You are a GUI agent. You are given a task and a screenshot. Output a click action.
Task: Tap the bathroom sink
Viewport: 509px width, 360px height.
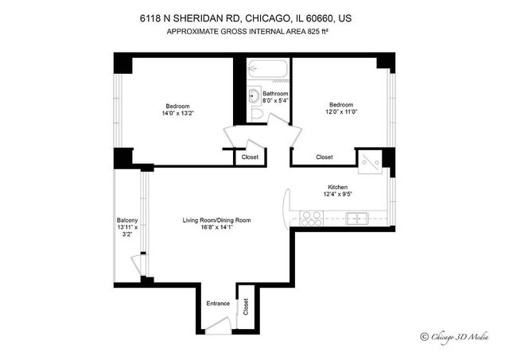pos(254,97)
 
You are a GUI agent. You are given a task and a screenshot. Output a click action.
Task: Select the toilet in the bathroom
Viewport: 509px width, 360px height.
pos(256,114)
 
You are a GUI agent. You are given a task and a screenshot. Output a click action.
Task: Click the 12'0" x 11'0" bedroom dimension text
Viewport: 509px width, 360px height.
pos(342,112)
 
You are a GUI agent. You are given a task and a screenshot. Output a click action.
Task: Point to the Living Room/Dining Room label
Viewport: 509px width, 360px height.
pos(216,220)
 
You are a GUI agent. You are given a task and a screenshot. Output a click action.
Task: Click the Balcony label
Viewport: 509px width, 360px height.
pos(127,220)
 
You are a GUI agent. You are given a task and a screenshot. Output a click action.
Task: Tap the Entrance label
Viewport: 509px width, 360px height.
pos(218,304)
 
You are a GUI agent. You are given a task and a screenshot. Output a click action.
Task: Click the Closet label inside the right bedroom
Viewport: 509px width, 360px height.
pos(324,157)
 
